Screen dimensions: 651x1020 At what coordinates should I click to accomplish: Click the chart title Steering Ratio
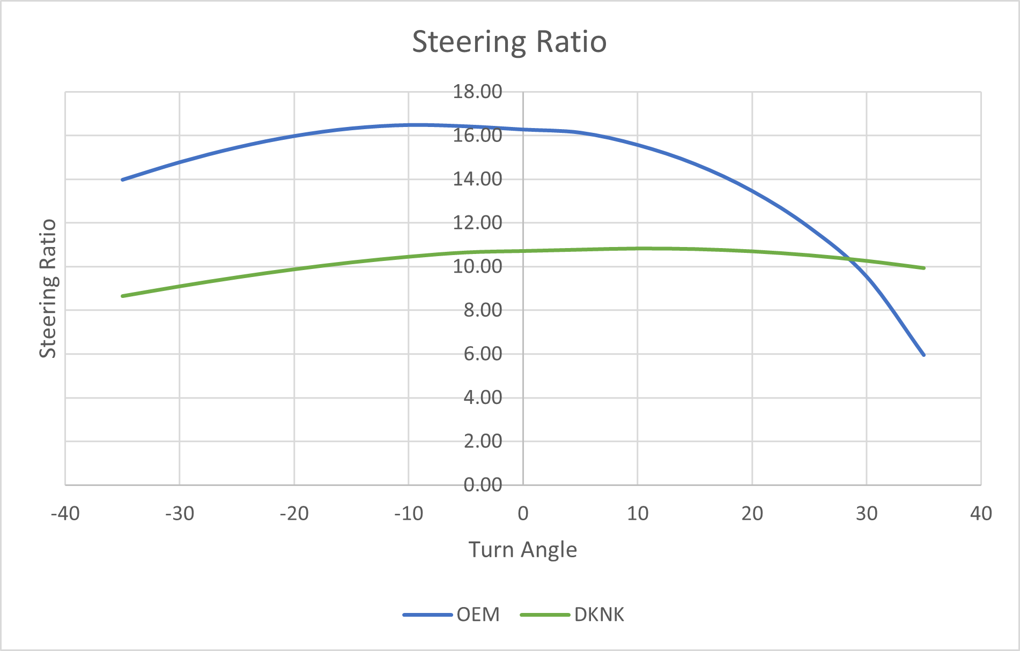tap(509, 42)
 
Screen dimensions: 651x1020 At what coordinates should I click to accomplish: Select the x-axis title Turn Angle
tap(522, 550)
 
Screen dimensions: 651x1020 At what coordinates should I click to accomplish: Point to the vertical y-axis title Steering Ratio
tap(48, 288)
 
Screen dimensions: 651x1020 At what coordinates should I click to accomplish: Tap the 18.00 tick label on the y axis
tap(477, 92)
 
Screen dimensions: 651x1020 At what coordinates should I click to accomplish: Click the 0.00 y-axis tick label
tap(483, 485)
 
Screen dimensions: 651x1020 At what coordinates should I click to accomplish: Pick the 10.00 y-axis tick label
tap(477, 266)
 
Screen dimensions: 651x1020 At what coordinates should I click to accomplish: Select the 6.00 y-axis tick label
tap(483, 354)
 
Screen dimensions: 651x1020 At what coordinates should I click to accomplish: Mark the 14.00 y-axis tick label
tap(477, 179)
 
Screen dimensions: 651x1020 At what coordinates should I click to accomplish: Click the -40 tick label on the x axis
tap(65, 514)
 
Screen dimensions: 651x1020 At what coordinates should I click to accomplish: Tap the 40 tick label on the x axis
tap(981, 514)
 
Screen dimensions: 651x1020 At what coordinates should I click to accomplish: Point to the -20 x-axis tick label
tap(294, 514)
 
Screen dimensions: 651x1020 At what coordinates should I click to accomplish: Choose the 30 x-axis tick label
tap(866, 514)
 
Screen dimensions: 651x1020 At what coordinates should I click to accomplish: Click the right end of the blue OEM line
tap(923, 355)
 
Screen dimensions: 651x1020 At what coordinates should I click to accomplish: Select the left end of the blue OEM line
tap(123, 179)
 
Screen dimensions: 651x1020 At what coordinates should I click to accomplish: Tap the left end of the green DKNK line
tap(123, 296)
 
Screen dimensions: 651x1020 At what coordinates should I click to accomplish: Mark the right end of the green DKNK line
tap(923, 268)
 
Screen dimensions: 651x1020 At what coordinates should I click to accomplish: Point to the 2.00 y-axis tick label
tap(483, 441)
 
